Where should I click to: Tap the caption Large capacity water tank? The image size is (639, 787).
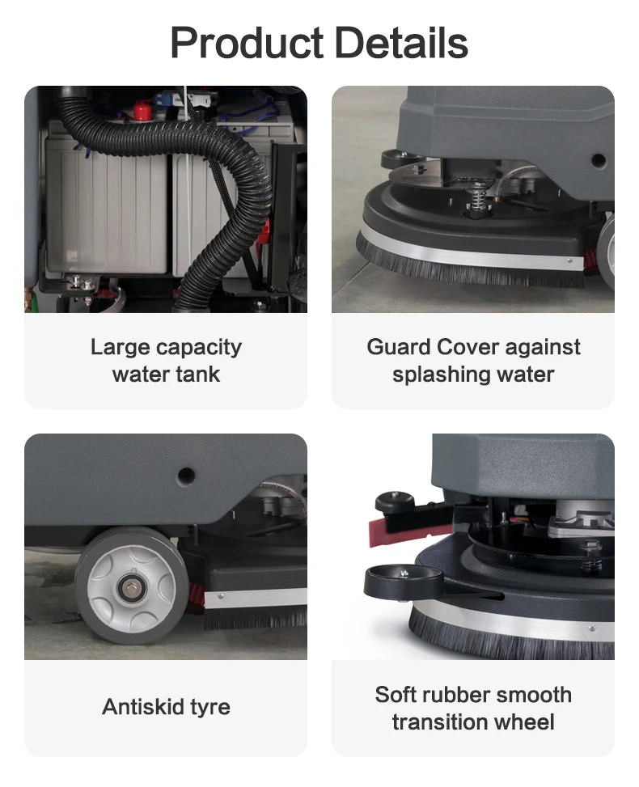(166, 361)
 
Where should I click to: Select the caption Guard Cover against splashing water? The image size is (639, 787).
(473, 361)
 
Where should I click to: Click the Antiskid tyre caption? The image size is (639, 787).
(166, 707)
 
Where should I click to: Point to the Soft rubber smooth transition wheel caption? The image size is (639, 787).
(473, 708)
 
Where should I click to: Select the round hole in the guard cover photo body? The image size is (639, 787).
(598, 160)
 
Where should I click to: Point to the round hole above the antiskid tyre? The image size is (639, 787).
(187, 476)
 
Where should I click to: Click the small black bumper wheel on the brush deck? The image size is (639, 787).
(403, 578)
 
